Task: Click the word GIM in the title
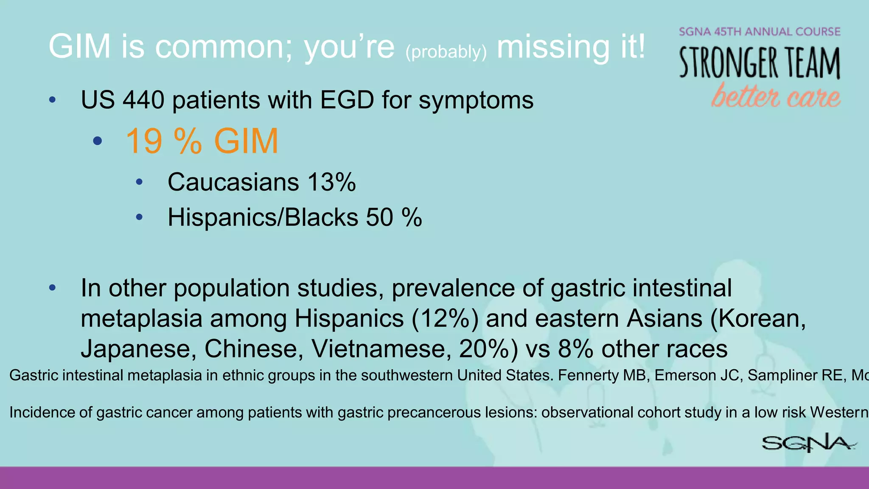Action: [x=79, y=46]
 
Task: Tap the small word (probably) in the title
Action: [x=446, y=52]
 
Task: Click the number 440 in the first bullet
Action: [x=143, y=100]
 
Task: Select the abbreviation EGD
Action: [x=347, y=100]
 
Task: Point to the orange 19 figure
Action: [x=144, y=141]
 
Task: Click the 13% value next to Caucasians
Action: [x=331, y=182]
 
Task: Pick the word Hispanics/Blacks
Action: [x=263, y=217]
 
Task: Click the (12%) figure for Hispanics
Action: [x=445, y=318]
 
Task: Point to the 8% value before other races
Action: [x=575, y=349]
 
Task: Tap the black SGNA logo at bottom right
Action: [x=808, y=443]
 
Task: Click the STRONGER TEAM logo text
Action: [x=760, y=63]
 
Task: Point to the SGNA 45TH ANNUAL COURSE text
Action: [x=760, y=32]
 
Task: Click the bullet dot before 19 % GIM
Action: [x=98, y=141]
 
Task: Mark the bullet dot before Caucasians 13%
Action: [x=139, y=183]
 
